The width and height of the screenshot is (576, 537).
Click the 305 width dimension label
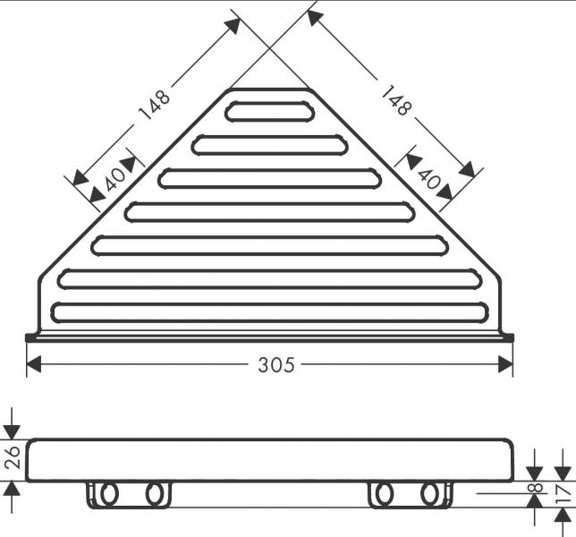tap(276, 365)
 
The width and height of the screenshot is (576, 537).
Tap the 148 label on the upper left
tap(154, 105)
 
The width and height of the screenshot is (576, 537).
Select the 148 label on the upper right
tap(396, 100)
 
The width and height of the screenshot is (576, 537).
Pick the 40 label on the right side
tap(428, 177)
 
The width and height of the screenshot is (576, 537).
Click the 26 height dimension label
tap(13, 457)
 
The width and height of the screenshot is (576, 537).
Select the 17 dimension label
tap(563, 494)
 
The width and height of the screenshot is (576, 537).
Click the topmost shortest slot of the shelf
tap(269, 111)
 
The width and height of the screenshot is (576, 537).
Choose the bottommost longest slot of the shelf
tap(270, 312)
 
